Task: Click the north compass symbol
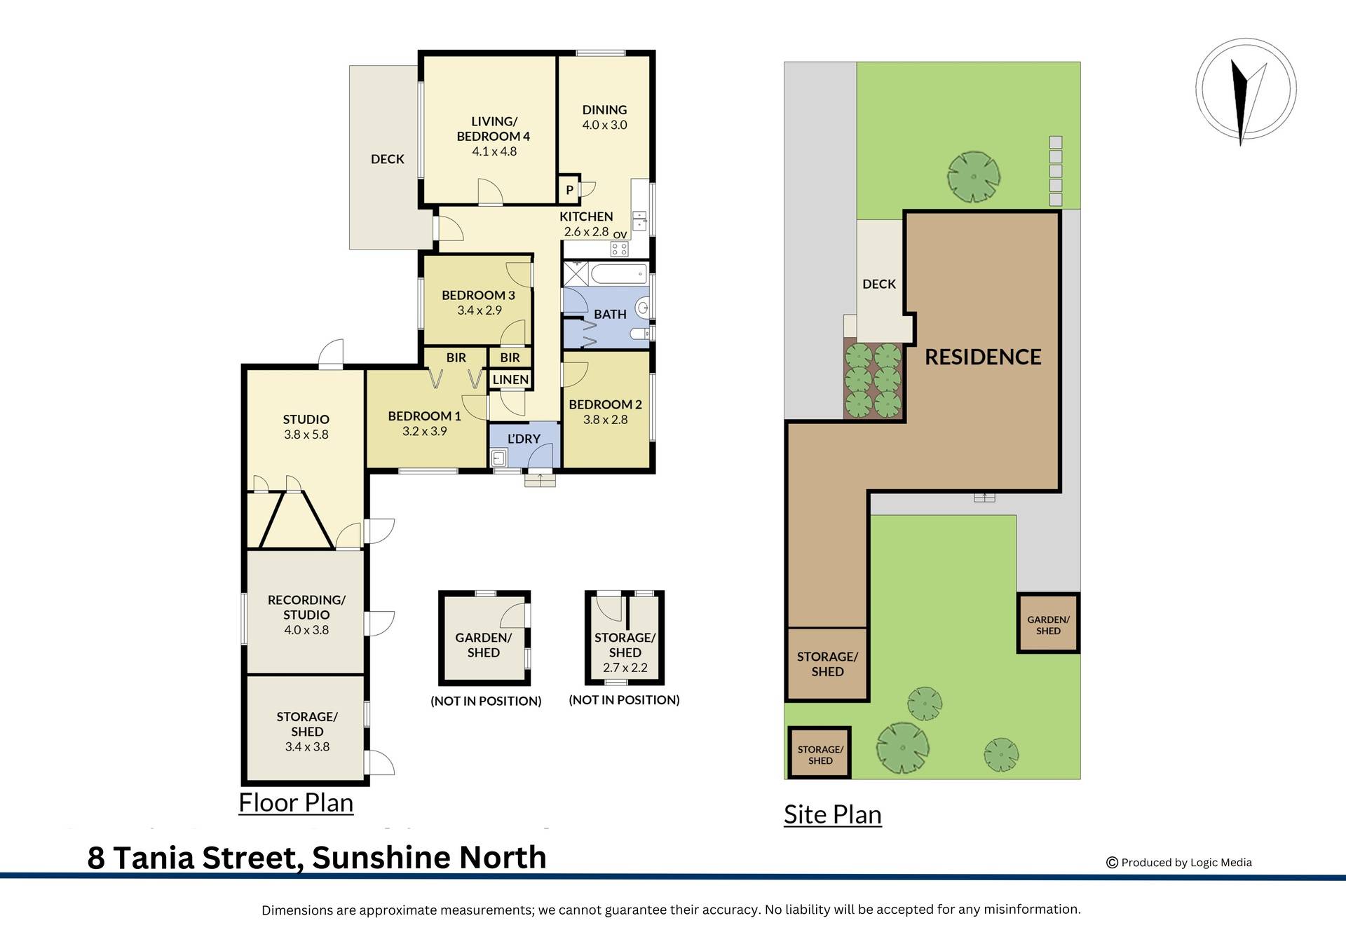(1245, 90)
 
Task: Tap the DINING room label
(604, 110)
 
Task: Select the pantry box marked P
(569, 190)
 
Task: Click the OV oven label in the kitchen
(620, 235)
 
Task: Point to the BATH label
(610, 315)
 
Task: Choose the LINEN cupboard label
(510, 380)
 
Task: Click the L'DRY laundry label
(524, 439)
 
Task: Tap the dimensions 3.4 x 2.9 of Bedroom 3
(480, 310)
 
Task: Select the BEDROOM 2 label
(605, 404)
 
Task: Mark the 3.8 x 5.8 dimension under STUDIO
(306, 435)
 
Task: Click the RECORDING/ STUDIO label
(306, 607)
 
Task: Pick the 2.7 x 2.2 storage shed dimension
(625, 668)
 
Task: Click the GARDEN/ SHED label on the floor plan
(484, 645)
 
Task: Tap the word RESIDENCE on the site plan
(983, 357)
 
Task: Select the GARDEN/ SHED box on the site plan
(1048, 624)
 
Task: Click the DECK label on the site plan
(879, 284)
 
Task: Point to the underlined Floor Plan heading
(296, 802)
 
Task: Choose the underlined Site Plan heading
(832, 814)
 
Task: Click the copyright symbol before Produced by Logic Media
(1112, 863)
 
